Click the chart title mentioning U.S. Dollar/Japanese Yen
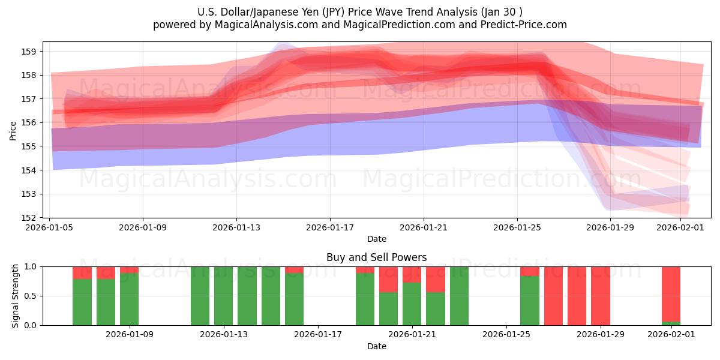360,12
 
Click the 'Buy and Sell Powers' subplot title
376,257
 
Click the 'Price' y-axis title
13,130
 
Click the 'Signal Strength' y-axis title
16,296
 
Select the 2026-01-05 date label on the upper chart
49,228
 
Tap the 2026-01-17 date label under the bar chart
318,334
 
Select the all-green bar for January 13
223,296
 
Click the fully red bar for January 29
600,296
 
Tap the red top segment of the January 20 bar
388,279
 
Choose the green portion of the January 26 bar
529,301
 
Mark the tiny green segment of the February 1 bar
671,323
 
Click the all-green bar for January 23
459,296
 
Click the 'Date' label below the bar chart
376,346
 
